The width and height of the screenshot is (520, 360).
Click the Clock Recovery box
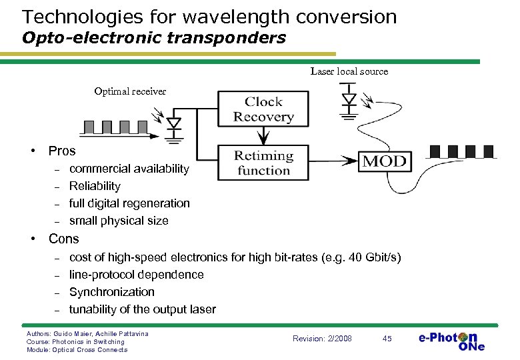[264, 109]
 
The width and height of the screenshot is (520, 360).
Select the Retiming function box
[264, 163]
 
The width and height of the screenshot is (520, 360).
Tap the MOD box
[384, 161]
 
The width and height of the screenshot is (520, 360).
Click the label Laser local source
[349, 71]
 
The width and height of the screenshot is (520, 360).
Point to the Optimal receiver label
[130, 91]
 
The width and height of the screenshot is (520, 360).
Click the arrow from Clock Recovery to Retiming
[264, 135]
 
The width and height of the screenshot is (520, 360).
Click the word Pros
[62, 151]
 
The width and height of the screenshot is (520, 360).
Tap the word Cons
[63, 239]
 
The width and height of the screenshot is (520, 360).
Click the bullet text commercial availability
[129, 169]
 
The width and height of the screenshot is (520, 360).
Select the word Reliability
[95, 186]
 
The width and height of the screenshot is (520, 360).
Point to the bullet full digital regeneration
[129, 203]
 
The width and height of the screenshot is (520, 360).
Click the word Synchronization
[111, 292]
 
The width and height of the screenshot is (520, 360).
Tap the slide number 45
[387, 339]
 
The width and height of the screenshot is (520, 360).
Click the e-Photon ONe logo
[451, 340]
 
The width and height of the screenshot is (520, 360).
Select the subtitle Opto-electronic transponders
[153, 37]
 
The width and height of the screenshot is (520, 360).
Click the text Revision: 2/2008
[322, 339]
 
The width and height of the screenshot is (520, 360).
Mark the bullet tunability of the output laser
[142, 309]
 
